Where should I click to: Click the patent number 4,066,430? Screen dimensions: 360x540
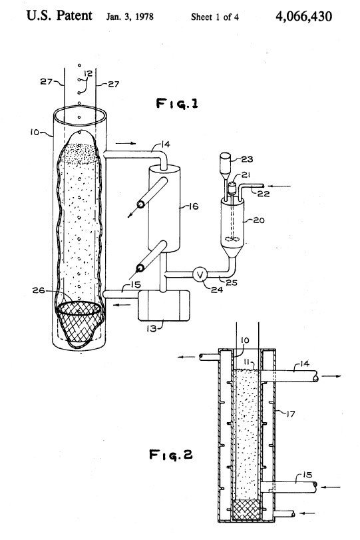point(304,16)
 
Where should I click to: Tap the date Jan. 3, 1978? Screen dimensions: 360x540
point(130,17)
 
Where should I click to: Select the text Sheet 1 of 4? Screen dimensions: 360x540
point(215,17)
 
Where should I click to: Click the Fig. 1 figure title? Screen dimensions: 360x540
point(177,103)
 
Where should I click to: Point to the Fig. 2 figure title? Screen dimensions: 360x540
point(171,455)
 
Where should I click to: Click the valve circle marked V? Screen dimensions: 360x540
point(200,274)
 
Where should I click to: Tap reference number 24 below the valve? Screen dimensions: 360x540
point(217,290)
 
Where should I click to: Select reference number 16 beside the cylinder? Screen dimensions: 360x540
point(193,206)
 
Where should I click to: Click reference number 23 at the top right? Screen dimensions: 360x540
point(247,159)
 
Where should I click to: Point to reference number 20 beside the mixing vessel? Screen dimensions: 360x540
point(259,220)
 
